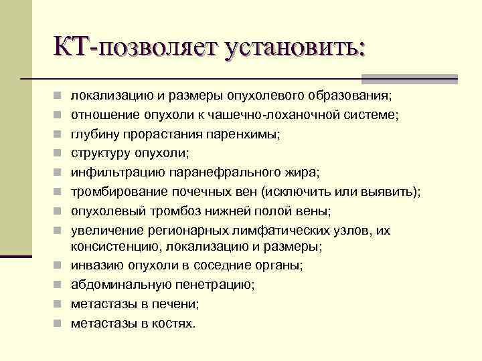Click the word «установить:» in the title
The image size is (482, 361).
(297, 49)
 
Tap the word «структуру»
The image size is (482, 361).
(102, 153)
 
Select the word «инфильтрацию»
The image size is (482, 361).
(112, 172)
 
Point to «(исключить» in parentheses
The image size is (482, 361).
(294, 192)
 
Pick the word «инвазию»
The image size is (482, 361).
(97, 265)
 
